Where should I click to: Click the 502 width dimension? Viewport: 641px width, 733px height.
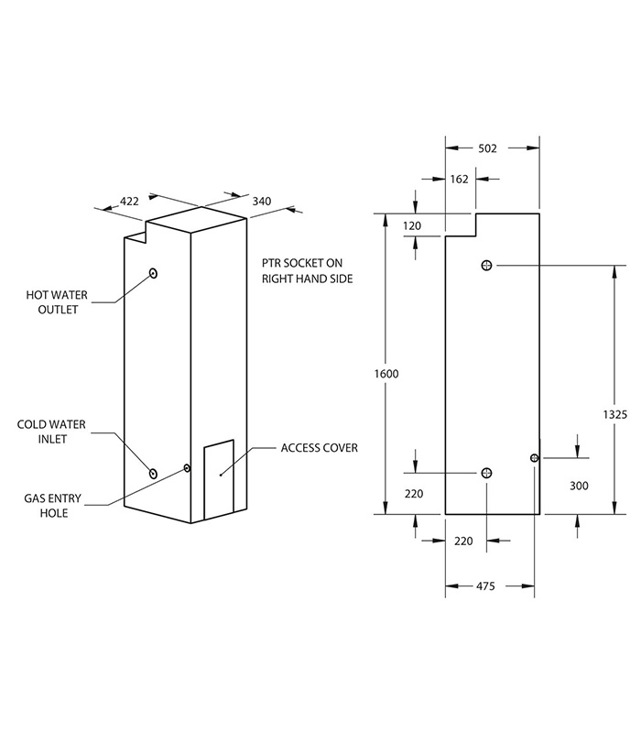pos(487,148)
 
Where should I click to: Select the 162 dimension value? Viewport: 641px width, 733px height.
pos(459,180)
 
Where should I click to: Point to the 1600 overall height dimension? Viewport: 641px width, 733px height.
pos(386,374)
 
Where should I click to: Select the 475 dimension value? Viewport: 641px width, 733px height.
pos(487,585)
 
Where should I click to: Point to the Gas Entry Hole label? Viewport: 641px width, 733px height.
pos(52,505)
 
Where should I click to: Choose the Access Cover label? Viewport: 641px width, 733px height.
pos(319,448)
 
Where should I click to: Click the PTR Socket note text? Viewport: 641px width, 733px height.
pos(307,269)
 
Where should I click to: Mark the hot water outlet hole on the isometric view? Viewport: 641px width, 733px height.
pos(153,273)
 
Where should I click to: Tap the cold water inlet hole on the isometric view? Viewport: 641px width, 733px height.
pos(153,473)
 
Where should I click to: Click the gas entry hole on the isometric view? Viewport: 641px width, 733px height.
pos(188,468)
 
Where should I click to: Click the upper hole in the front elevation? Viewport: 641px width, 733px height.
pos(486,265)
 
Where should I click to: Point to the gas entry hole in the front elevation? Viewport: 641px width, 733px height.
pos(534,457)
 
